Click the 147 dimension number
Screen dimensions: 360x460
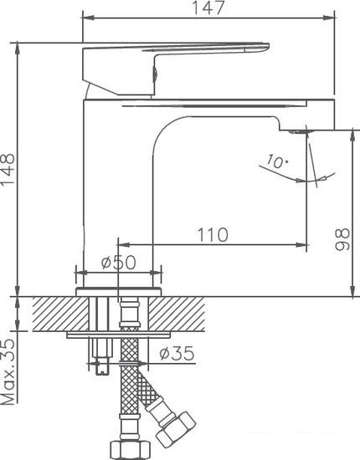(208, 8)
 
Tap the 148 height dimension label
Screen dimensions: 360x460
(8, 169)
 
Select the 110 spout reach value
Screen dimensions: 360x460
(213, 235)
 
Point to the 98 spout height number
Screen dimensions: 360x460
(342, 239)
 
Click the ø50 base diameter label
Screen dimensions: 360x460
(119, 262)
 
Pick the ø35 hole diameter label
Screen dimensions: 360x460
(177, 353)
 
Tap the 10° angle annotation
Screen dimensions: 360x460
(277, 161)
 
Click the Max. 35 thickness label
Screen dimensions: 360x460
(8, 372)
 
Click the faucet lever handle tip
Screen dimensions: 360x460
(266, 47)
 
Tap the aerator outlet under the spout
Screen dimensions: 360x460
(298, 131)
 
